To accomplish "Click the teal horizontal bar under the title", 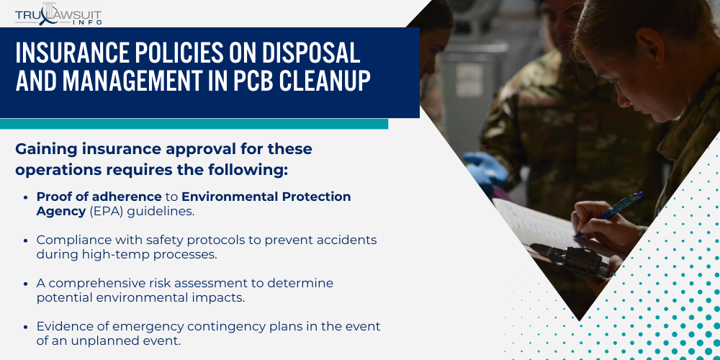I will (x=194, y=124).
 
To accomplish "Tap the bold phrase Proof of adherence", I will (x=99, y=197).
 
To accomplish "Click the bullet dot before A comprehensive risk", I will (x=27, y=284).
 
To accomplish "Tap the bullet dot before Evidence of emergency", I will (x=27, y=327).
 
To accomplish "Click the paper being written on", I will (x=533, y=223).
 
